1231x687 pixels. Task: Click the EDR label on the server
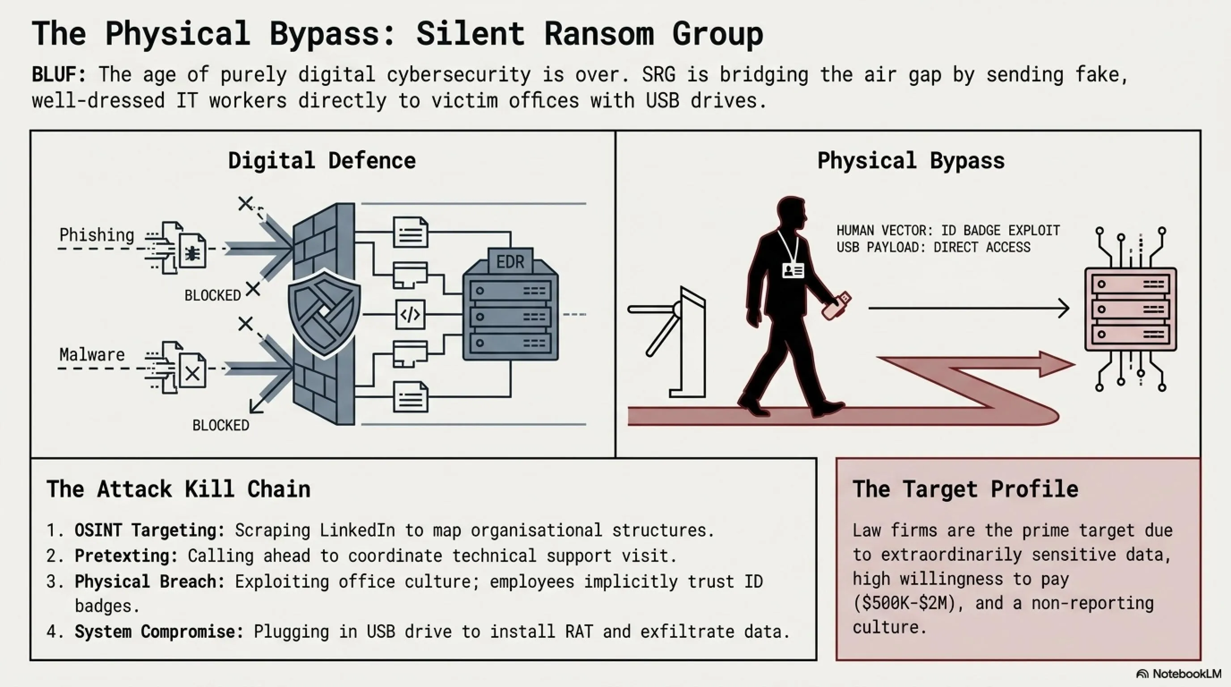coord(510,262)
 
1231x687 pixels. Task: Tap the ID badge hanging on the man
coord(793,271)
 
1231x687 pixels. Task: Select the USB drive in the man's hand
coord(836,306)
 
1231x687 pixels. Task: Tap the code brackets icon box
coord(410,315)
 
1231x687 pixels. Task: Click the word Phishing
coord(97,235)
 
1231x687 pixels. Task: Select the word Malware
coord(92,355)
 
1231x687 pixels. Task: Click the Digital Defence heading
coord(322,161)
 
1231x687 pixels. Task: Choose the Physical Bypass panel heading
coord(911,161)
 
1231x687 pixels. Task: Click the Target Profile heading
coord(965,489)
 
